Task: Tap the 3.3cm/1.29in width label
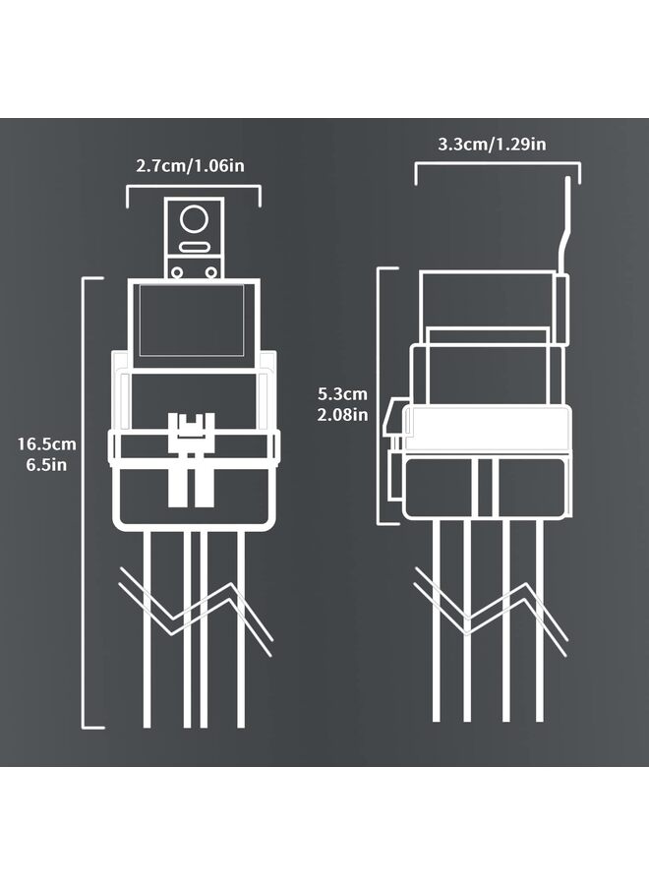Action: (492, 145)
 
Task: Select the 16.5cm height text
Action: (46, 443)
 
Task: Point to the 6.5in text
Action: (46, 464)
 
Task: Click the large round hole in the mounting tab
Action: (195, 219)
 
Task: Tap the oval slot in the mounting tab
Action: (195, 247)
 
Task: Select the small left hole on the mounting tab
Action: (178, 266)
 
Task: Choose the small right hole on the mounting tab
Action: (210, 266)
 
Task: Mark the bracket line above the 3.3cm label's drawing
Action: (497, 165)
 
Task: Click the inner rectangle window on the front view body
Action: (193, 320)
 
